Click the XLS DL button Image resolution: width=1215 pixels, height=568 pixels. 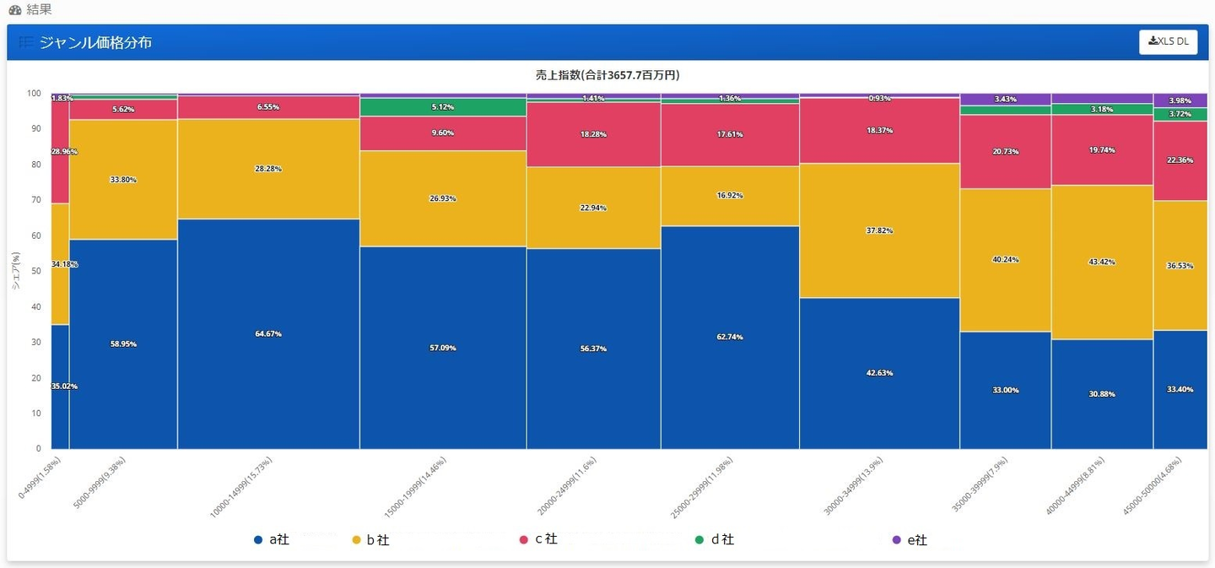[1168, 42]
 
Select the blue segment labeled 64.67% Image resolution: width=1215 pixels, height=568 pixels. [268, 334]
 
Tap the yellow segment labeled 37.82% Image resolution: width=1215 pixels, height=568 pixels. [879, 230]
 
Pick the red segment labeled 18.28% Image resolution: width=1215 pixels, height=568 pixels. [593, 134]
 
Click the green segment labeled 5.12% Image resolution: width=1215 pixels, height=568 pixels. [442, 107]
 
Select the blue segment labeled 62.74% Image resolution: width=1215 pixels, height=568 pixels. [730, 337]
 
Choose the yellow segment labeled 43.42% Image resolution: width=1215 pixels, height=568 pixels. [1102, 262]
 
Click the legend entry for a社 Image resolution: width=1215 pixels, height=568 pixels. [272, 539]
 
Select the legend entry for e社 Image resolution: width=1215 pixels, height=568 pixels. [910, 540]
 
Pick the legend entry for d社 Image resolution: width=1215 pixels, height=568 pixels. [714, 539]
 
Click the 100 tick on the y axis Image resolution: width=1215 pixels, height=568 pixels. [35, 94]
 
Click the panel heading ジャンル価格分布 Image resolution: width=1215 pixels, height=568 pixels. [95, 42]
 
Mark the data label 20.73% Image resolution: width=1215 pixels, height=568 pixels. [1005, 151]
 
